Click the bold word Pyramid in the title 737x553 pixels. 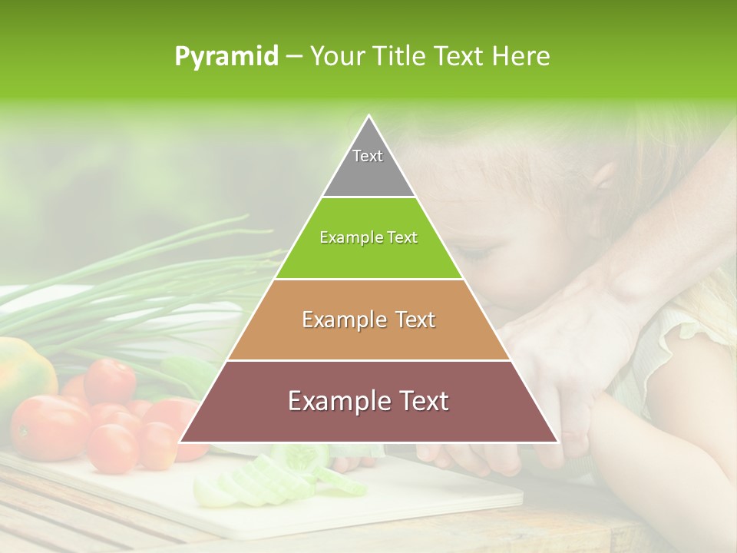pyautogui.click(x=226, y=57)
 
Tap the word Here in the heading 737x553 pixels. pyautogui.click(x=522, y=57)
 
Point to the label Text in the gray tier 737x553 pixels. pyautogui.click(x=368, y=156)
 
